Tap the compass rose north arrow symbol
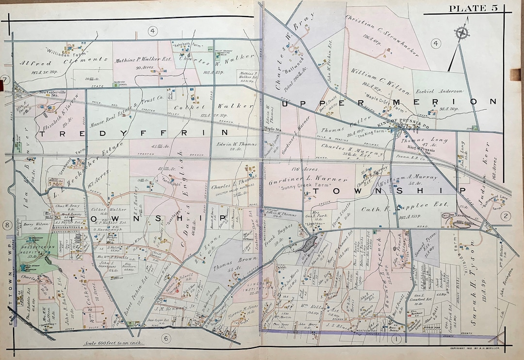pyautogui.click(x=461, y=33)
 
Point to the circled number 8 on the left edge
pyautogui.click(x=7, y=225)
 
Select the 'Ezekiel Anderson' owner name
pyautogui.click(x=438, y=91)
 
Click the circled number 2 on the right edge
pyautogui.click(x=506, y=216)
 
